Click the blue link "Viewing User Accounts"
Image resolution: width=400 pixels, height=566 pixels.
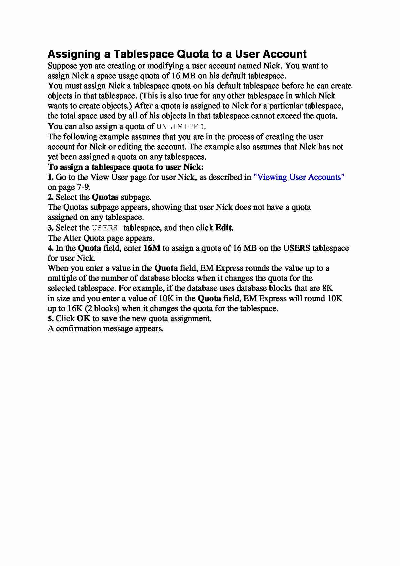pos(299,177)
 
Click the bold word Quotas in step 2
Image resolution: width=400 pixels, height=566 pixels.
pos(105,197)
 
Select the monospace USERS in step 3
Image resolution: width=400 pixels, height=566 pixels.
pos(105,228)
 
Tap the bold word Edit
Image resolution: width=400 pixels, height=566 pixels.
pos(223,228)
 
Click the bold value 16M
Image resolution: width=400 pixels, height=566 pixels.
pos(152,248)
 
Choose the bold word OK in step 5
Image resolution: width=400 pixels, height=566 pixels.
pos(84,318)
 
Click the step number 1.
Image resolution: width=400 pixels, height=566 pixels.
pos(50,177)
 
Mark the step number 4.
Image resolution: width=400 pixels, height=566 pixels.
pos(50,248)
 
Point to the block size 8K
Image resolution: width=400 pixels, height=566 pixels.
pos(327,288)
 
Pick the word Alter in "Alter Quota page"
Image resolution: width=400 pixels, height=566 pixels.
pos(72,238)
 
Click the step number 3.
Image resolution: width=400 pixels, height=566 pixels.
pos(50,228)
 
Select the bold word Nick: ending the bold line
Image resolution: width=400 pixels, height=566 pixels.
pos(194,167)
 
